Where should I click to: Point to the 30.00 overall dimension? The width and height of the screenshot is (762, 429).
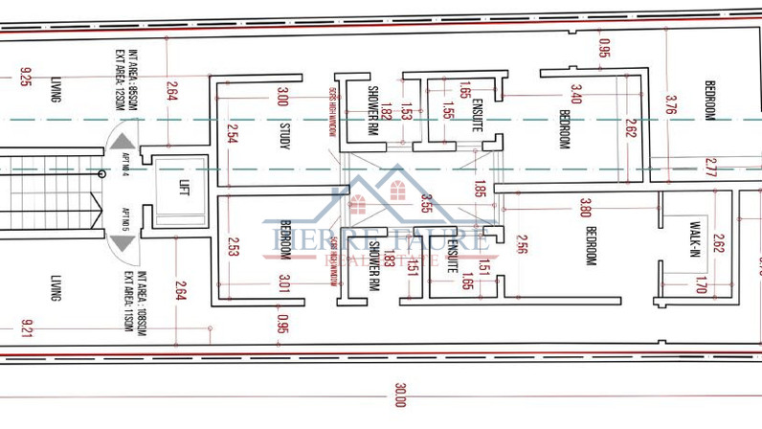(x=399, y=394)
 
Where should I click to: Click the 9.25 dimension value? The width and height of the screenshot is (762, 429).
(x=26, y=77)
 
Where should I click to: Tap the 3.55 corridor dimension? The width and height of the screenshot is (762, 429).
(x=425, y=203)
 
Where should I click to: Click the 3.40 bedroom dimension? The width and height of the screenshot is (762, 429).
(x=575, y=94)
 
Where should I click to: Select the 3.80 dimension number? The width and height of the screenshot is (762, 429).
(x=585, y=207)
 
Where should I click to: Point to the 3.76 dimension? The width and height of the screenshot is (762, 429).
(x=671, y=103)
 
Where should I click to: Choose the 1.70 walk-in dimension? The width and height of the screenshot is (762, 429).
(x=700, y=284)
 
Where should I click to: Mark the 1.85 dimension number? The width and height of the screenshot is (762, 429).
(x=480, y=189)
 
